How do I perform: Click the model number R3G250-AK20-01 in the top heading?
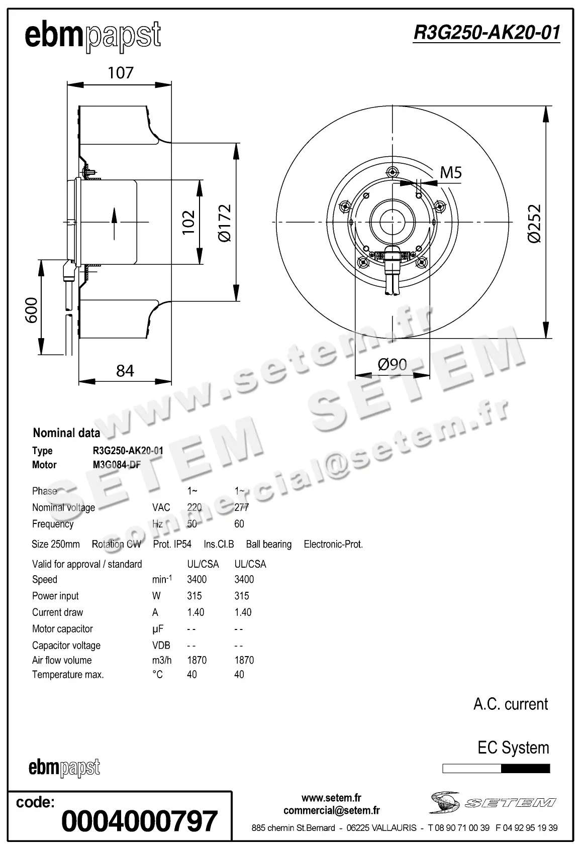click(486, 33)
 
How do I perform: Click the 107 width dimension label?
click(121, 73)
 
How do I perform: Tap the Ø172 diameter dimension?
click(225, 223)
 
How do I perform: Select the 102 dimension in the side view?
click(188, 223)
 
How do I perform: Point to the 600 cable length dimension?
click(32, 310)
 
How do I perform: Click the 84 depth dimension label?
click(125, 371)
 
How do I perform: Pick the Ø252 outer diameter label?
click(535, 223)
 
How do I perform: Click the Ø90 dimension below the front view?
click(392, 364)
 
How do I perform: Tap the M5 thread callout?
click(450, 173)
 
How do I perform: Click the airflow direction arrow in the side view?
click(114, 222)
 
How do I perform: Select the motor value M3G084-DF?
click(117, 465)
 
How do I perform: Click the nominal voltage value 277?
click(241, 507)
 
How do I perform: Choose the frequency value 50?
click(192, 524)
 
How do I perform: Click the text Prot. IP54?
click(172, 544)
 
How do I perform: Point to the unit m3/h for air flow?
click(162, 660)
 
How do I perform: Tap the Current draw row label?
click(57, 612)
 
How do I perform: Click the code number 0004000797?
click(140, 821)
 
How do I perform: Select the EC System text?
click(513, 748)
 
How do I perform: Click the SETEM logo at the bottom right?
click(493, 802)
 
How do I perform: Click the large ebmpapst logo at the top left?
click(93, 36)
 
